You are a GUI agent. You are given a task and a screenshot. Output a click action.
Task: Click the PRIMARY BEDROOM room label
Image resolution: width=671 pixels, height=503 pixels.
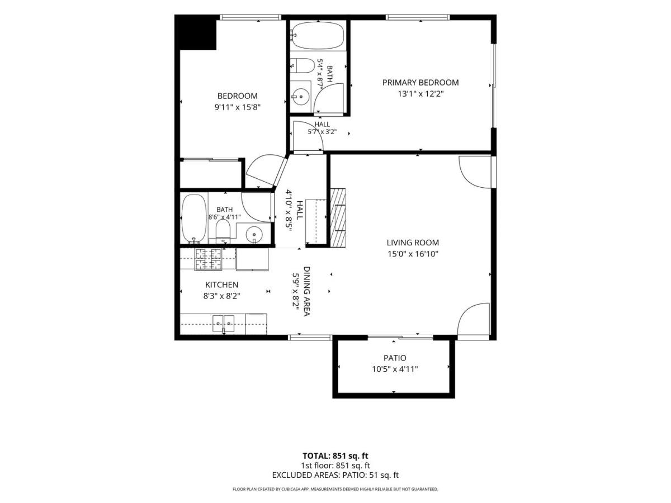click(x=420, y=83)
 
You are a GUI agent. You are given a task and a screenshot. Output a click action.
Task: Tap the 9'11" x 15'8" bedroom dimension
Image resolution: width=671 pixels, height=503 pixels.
click(x=237, y=107)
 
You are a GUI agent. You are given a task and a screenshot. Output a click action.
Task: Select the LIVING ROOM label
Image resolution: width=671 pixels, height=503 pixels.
click(x=413, y=243)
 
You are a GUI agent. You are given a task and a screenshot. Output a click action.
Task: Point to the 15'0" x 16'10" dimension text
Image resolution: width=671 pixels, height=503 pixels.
click(x=413, y=254)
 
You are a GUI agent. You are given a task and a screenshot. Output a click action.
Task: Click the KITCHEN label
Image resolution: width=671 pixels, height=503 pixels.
click(x=221, y=284)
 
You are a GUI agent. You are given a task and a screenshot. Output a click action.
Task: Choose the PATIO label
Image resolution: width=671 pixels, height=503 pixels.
click(x=395, y=358)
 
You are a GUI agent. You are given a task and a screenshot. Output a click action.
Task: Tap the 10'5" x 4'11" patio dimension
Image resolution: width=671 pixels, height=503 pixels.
click(x=395, y=369)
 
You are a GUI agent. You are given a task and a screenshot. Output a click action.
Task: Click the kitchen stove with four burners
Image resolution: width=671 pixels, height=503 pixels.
click(x=208, y=259)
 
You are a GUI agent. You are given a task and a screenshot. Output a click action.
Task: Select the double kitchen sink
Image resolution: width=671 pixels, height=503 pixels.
click(x=224, y=324)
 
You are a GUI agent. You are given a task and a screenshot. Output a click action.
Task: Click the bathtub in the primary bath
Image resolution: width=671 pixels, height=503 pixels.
click(x=317, y=36)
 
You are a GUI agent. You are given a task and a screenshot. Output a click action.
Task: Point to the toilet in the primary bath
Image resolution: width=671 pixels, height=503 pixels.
click(x=302, y=65)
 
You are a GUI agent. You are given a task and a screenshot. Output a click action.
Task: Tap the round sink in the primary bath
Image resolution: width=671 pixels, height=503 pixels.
click(x=300, y=97)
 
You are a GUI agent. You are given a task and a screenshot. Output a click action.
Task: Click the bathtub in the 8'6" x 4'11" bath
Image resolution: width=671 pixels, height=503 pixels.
click(x=194, y=219)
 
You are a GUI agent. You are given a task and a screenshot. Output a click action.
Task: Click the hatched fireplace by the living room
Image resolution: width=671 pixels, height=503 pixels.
click(x=338, y=217)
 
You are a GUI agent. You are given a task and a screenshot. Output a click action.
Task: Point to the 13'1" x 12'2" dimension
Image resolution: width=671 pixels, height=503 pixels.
click(x=420, y=94)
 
